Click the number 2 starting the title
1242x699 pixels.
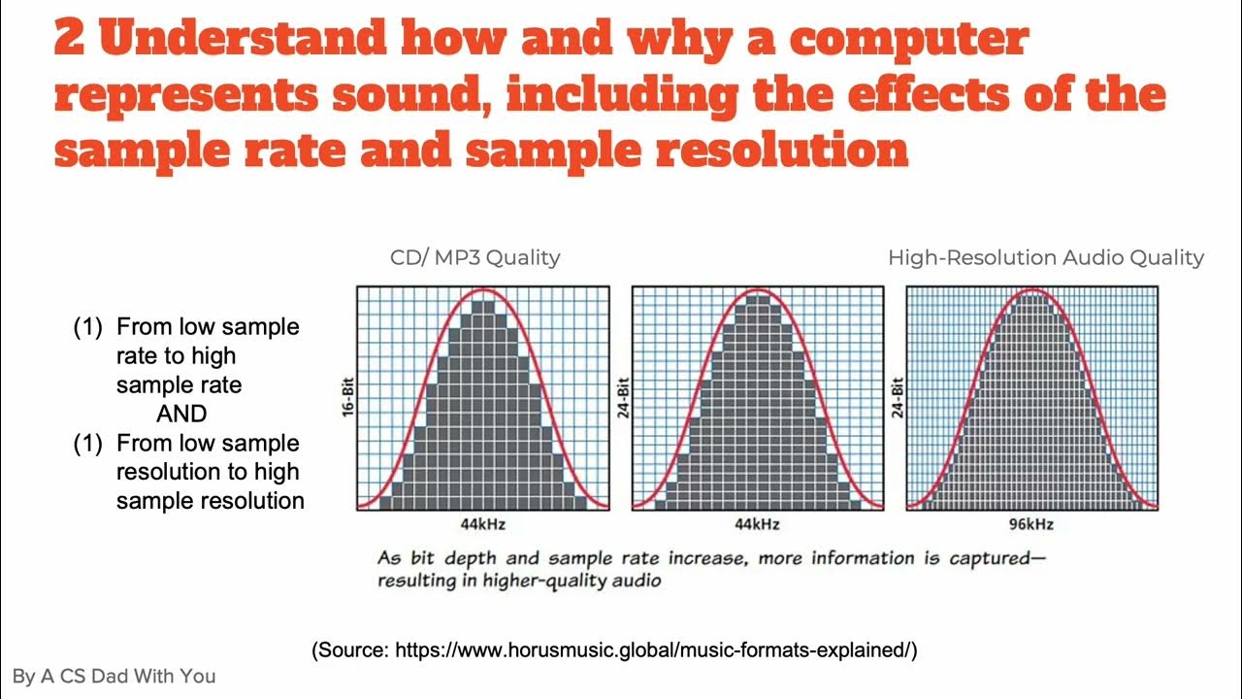(x=70, y=40)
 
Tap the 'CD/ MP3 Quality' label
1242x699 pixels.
(x=474, y=257)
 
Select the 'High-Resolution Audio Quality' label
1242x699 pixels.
(x=1045, y=257)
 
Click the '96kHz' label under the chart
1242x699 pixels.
(x=1031, y=524)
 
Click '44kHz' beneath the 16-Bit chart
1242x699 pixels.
(x=482, y=524)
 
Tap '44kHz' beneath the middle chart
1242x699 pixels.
(x=757, y=524)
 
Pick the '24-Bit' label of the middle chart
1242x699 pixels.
(x=623, y=398)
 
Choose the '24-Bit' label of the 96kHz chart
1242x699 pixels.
(x=898, y=398)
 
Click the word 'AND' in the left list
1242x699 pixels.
(x=181, y=414)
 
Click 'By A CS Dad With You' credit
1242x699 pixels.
(x=114, y=676)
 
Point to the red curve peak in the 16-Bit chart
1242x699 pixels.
(x=483, y=289)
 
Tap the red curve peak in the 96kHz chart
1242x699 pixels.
(x=1031, y=289)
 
